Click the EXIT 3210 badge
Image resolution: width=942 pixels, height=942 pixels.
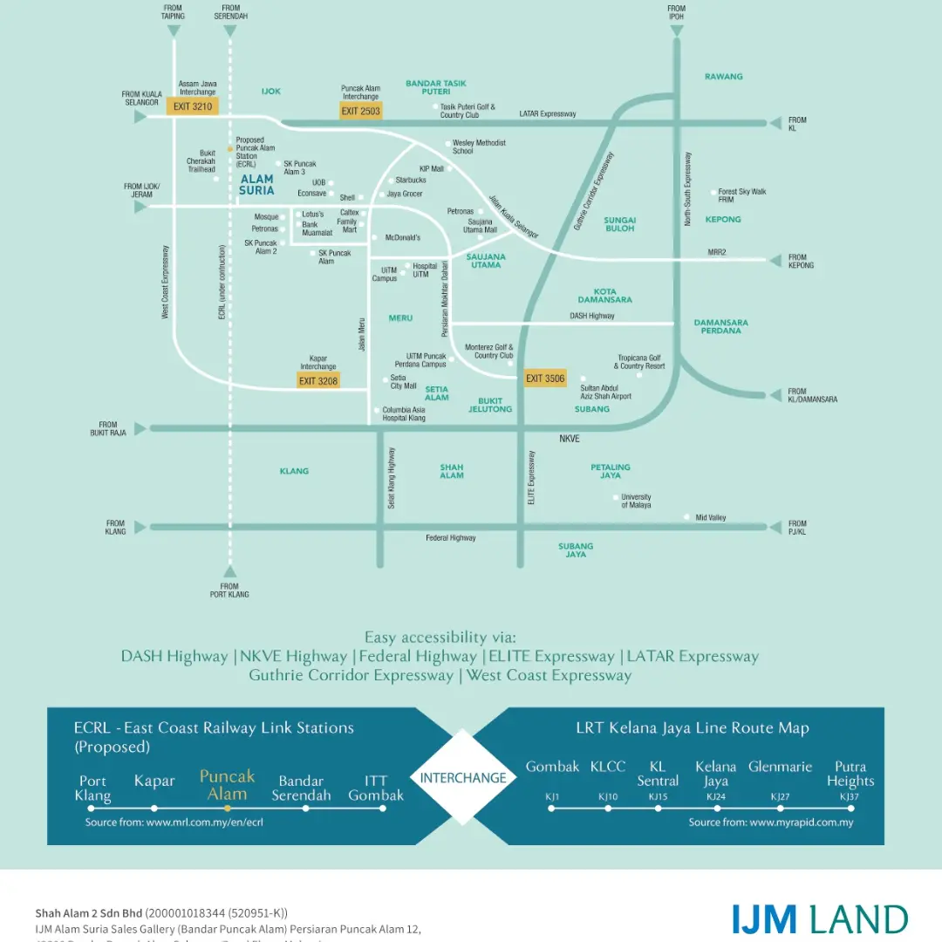193,106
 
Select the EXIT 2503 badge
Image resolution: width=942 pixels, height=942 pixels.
361,111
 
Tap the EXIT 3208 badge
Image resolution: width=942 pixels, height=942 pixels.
318,380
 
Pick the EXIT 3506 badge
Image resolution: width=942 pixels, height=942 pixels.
545,379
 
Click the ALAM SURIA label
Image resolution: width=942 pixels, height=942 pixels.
256,184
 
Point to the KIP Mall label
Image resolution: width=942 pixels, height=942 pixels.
432,169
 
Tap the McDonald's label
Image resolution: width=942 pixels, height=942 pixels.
403,237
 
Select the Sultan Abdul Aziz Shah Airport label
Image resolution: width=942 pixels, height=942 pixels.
605,392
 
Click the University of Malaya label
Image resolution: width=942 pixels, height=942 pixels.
636,501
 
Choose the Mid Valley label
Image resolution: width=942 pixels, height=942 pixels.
710,517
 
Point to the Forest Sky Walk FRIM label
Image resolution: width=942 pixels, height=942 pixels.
741,195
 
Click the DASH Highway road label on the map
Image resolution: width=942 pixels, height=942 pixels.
592,316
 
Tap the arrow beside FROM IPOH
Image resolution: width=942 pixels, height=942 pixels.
677,31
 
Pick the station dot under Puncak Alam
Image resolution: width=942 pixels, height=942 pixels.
228,809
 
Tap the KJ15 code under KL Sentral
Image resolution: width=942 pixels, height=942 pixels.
658,797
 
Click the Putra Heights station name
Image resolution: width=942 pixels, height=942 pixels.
850,774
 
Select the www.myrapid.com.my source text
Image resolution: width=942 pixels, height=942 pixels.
771,823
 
